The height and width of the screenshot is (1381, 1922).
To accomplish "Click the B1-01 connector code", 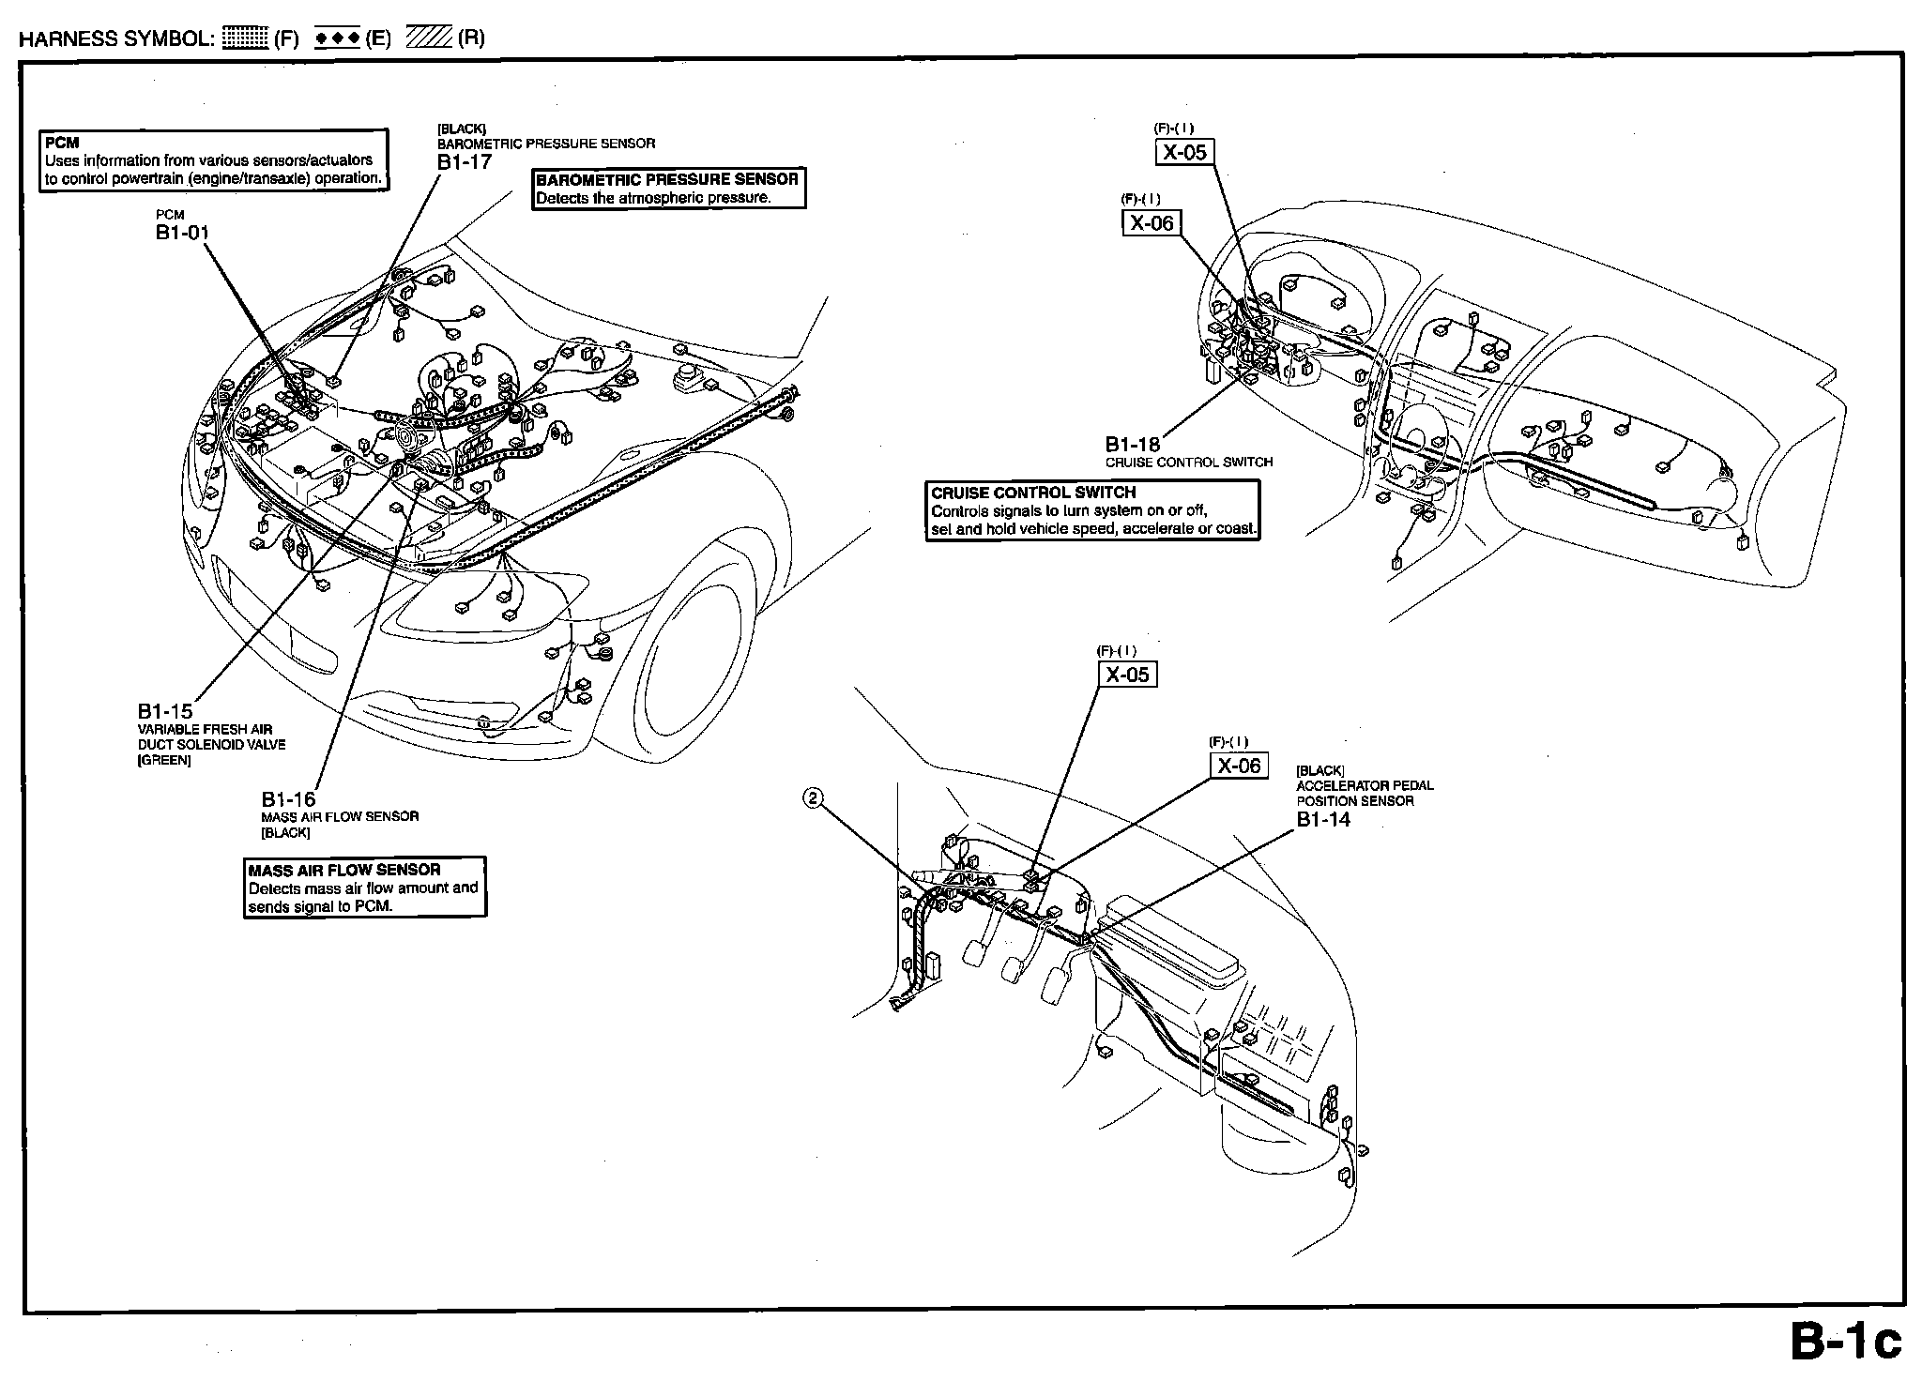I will (x=182, y=233).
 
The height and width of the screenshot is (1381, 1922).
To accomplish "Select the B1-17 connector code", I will (x=464, y=160).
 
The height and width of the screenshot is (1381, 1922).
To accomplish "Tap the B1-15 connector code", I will (x=165, y=711).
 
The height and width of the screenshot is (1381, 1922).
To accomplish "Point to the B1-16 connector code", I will (x=288, y=799).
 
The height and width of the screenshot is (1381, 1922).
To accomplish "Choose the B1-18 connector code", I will (x=1132, y=445).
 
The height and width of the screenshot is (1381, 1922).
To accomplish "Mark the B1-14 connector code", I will (x=1323, y=819).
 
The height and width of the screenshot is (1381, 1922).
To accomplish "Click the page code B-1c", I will (x=1845, y=1343).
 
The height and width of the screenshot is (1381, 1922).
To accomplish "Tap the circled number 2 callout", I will (x=814, y=797).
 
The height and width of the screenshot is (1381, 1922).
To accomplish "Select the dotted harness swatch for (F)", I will (x=246, y=38).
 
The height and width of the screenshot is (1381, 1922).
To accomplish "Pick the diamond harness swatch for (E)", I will (x=338, y=38).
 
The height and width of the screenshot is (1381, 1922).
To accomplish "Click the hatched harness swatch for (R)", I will (x=429, y=38).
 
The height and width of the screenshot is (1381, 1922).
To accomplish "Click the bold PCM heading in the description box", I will (x=62, y=144).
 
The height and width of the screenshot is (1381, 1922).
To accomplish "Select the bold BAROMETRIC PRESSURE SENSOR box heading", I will (x=666, y=179).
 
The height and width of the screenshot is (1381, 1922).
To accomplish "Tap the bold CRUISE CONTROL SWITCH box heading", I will (x=1033, y=493).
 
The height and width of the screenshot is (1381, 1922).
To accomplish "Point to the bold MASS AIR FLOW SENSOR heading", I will (x=343, y=870).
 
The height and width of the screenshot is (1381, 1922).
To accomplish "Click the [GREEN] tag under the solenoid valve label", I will (x=164, y=760).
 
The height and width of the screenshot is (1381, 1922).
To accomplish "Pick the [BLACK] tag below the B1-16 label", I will (x=285, y=833).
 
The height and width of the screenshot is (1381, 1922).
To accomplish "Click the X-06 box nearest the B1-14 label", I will (x=1239, y=766).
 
